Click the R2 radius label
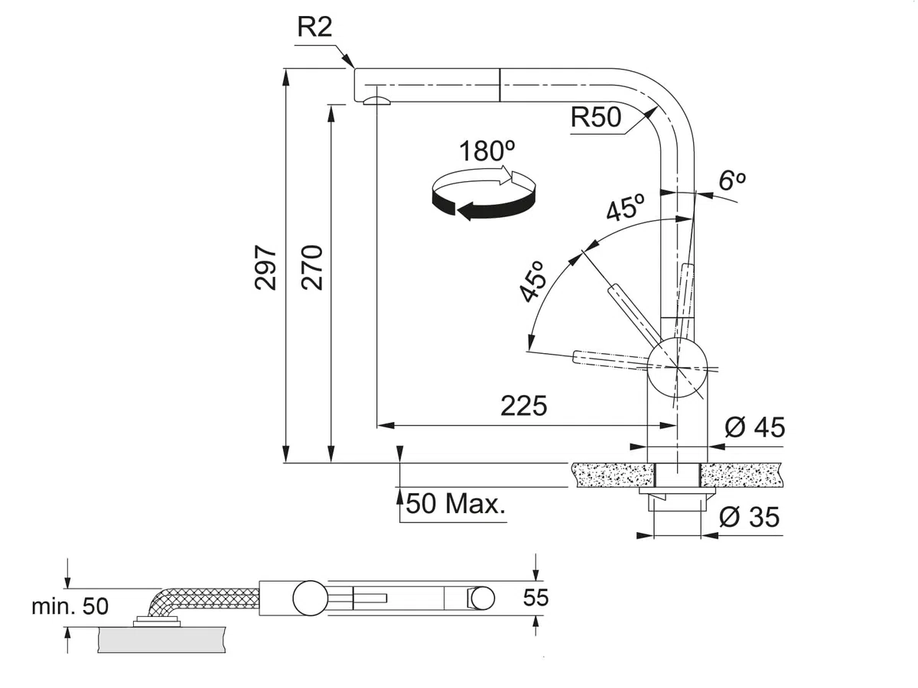(314, 28)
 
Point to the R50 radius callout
(595, 118)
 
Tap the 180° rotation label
(487, 151)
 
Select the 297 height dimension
(265, 268)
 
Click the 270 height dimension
(312, 268)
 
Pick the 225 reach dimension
(523, 406)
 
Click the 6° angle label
(732, 180)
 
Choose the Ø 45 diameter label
(755, 427)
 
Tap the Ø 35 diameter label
(750, 517)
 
